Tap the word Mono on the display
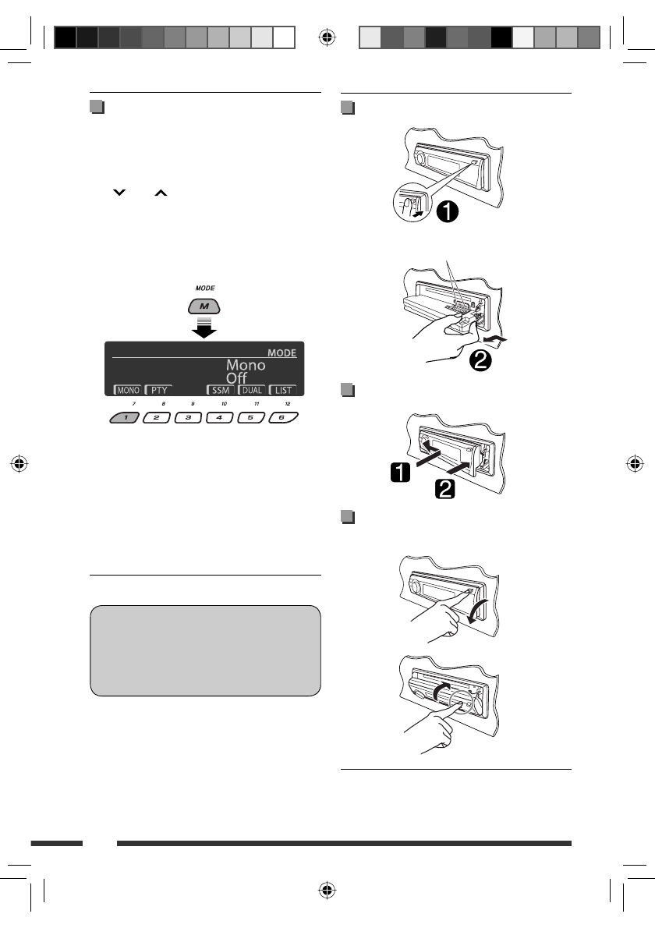(246, 365)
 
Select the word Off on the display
(237, 379)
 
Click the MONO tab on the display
(127, 389)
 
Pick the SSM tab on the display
(221, 389)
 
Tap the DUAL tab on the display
(252, 389)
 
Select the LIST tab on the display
(283, 389)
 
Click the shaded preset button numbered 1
(125, 418)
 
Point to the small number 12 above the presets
(289, 403)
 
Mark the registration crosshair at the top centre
(327, 37)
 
